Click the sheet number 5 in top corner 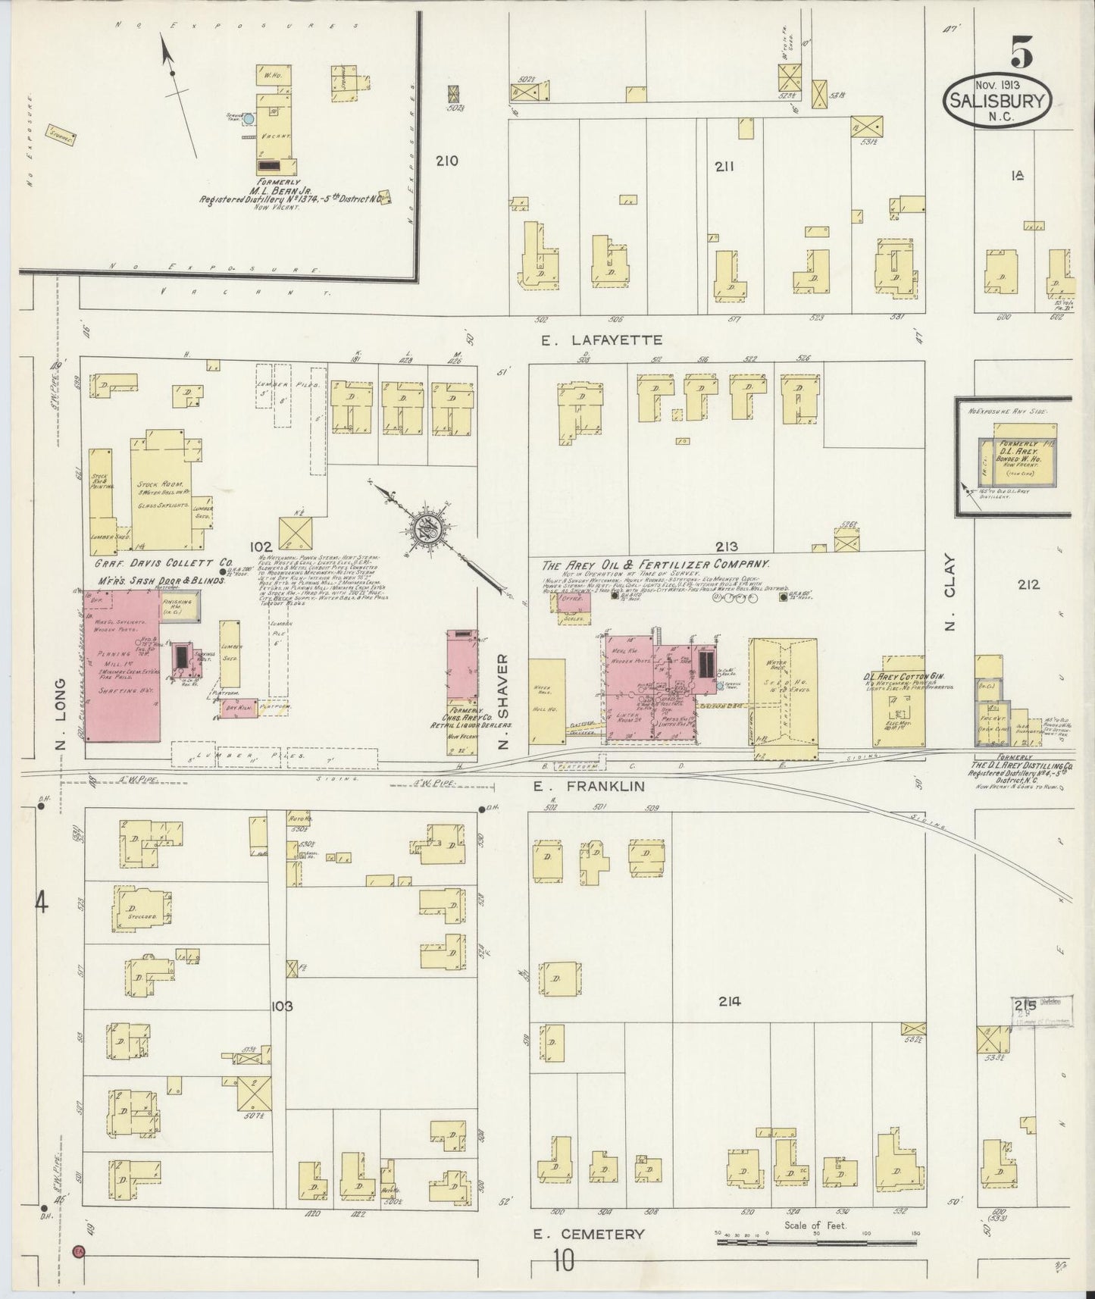pos(1020,53)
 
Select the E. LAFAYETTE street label pos(602,341)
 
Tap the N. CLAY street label pos(950,593)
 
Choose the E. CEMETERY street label pos(589,1234)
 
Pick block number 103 pos(281,1006)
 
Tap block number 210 pos(447,161)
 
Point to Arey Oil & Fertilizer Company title pos(655,565)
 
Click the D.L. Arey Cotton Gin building pos(902,705)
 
